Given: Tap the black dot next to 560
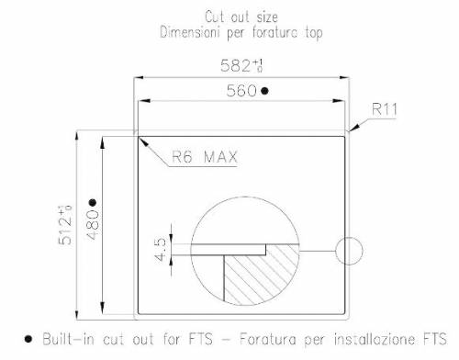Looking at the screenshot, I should coord(264,91).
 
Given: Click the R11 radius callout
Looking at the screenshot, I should coord(386,110).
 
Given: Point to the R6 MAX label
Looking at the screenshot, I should coord(206,157).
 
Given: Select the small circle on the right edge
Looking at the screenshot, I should coord(350,249).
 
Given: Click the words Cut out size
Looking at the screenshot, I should coord(240,16).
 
